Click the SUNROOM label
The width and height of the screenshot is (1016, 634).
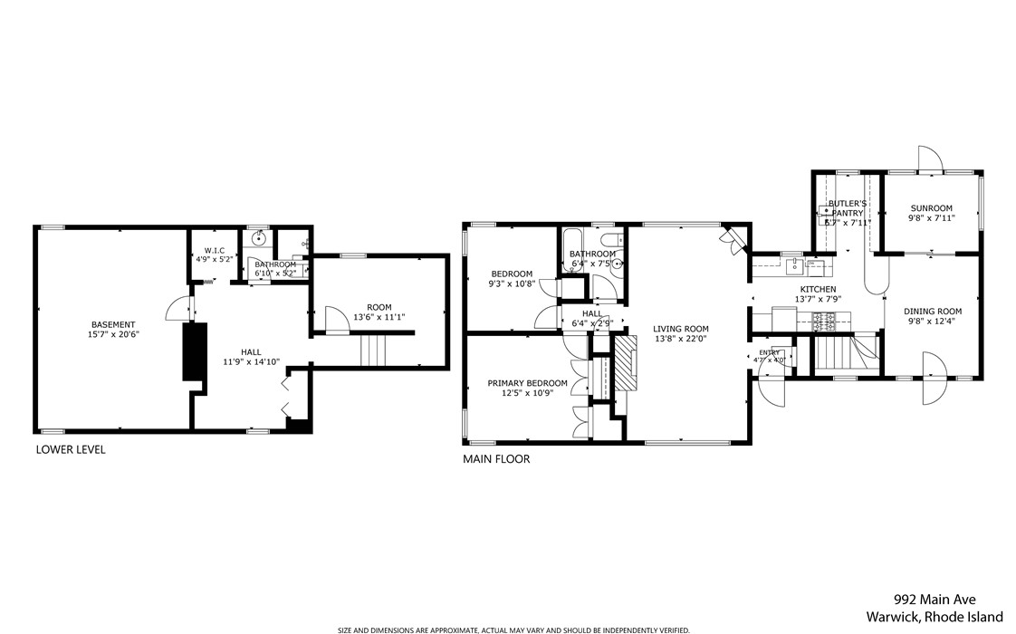pyautogui.click(x=931, y=208)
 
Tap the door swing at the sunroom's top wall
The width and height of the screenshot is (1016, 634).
pyautogui.click(x=930, y=158)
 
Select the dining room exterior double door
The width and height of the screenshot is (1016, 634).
pyautogui.click(x=933, y=379)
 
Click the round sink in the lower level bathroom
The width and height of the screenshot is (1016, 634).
pyautogui.click(x=258, y=239)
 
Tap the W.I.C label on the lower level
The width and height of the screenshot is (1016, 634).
pyautogui.click(x=215, y=250)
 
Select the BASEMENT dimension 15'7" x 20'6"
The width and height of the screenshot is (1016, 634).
pyautogui.click(x=113, y=334)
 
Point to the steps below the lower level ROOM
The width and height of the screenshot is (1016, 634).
pyautogui.click(x=374, y=350)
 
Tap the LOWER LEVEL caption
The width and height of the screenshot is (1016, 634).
pyautogui.click(x=71, y=449)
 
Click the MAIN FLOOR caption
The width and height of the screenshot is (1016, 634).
pyautogui.click(x=496, y=459)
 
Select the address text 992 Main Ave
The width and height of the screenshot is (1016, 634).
pyautogui.click(x=935, y=600)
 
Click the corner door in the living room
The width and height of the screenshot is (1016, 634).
pyautogui.click(x=732, y=237)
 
